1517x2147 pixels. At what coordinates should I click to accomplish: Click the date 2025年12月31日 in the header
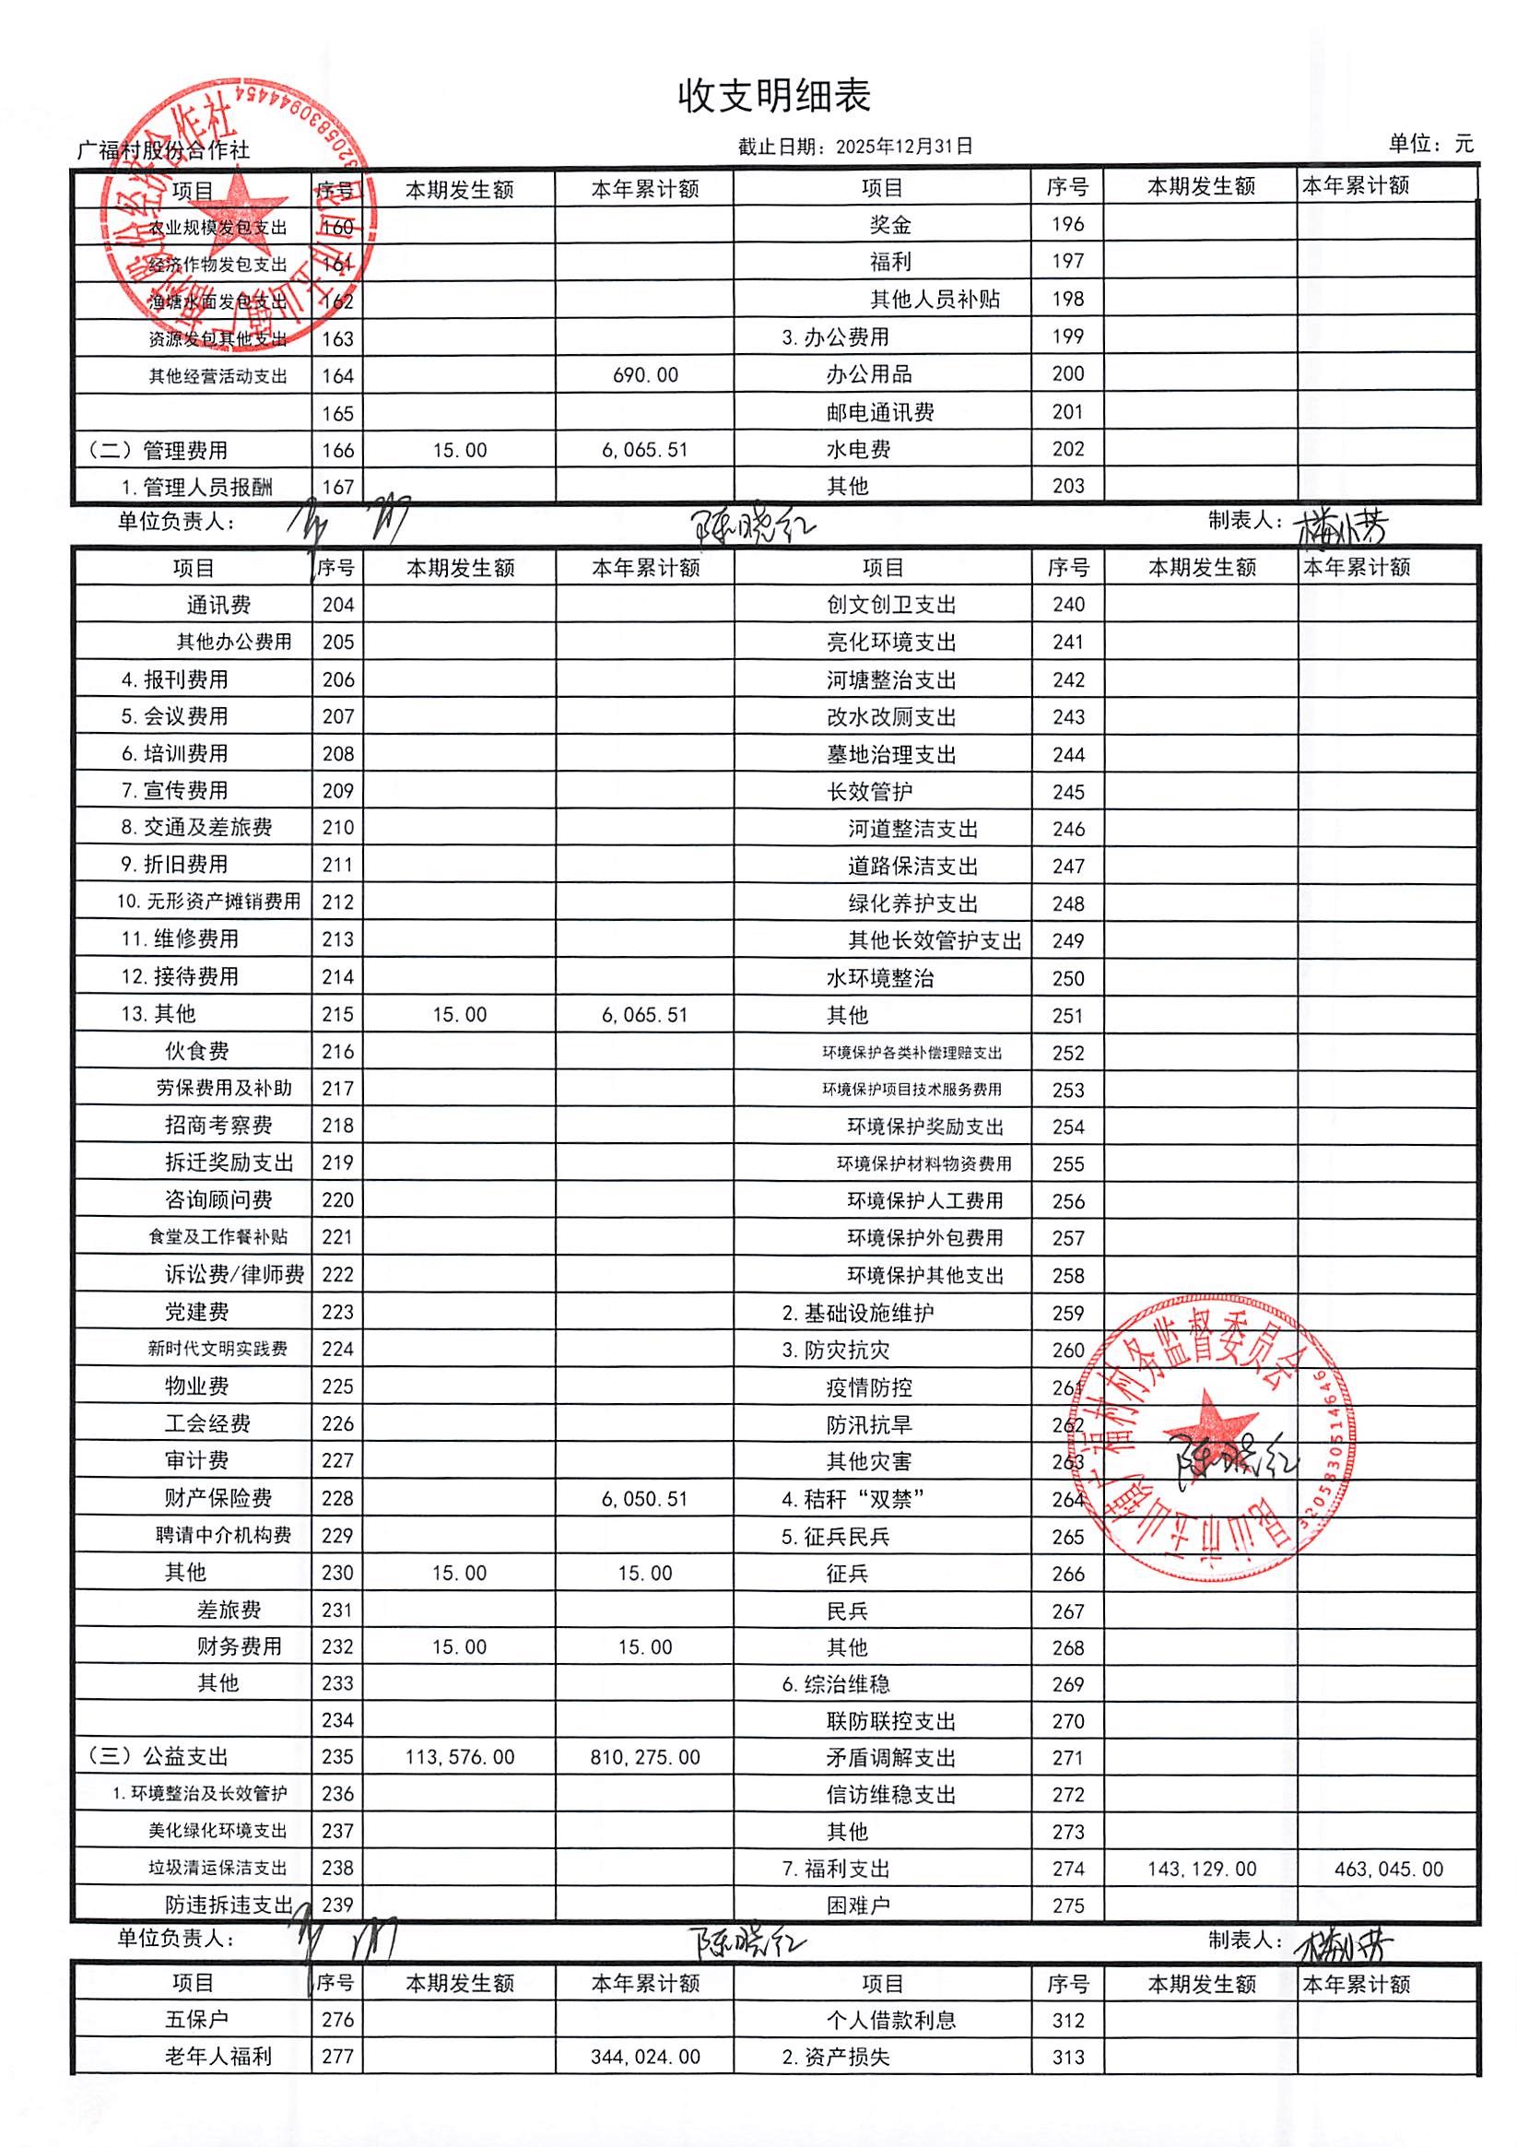tap(904, 146)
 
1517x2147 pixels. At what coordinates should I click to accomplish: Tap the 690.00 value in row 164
tap(645, 376)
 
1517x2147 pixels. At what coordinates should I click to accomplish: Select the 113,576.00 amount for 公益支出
tap(459, 1757)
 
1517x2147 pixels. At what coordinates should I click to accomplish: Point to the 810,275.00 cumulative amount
tap(645, 1757)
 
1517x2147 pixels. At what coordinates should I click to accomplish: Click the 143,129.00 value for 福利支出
tap(1201, 1870)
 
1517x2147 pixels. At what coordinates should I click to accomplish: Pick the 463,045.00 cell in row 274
tap(1388, 1870)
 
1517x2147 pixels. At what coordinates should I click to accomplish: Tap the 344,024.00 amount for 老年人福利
tap(645, 2057)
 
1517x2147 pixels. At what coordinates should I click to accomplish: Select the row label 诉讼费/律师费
tap(235, 1275)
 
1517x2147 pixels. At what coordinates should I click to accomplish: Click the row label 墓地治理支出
tap(891, 755)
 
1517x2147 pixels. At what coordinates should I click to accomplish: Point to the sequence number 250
tap(1067, 979)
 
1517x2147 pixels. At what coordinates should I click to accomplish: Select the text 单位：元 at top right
tap(1430, 144)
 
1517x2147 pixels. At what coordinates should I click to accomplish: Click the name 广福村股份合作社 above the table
tap(162, 149)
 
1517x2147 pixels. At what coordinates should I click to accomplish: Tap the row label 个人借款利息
tap(891, 2020)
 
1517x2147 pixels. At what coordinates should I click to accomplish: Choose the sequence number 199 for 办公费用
tap(1067, 336)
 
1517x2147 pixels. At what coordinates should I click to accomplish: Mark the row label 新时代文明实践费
tap(217, 1349)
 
